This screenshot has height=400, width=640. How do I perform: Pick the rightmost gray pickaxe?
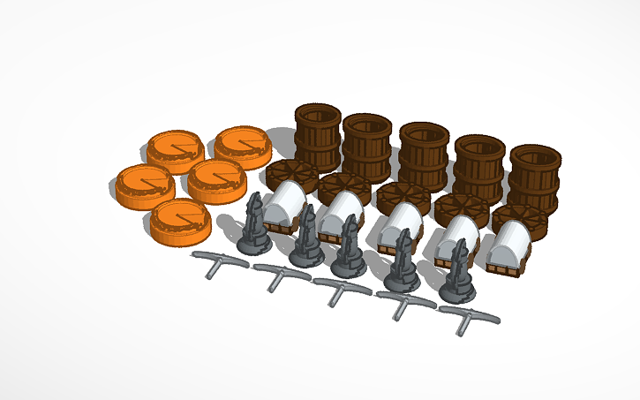coord(468,318)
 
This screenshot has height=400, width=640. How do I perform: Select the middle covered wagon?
coord(398,228)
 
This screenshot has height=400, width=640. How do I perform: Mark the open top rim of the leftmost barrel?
coord(317,114)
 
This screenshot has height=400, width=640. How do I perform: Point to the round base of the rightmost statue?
coord(458,286)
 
